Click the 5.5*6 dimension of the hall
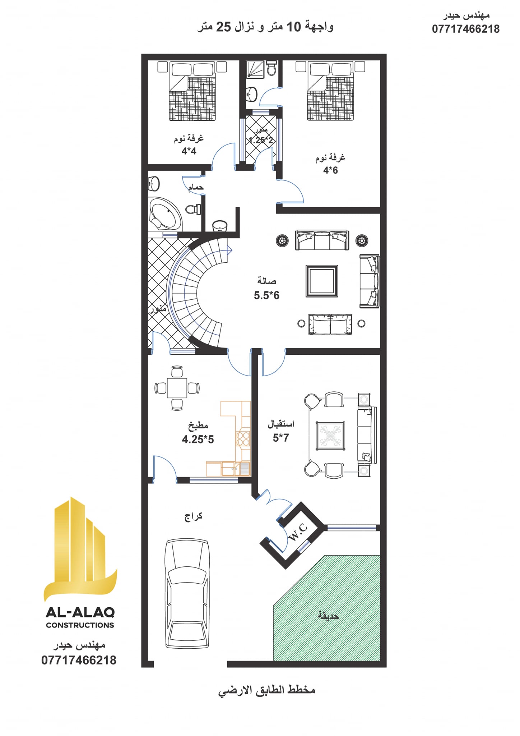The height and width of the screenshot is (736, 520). [266, 295]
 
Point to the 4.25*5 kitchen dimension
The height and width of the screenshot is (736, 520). [198, 439]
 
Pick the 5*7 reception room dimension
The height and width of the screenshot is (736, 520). [281, 438]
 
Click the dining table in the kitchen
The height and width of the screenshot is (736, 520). [177, 388]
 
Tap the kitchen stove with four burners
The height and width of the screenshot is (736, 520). [243, 438]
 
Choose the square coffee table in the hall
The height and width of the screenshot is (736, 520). [322, 281]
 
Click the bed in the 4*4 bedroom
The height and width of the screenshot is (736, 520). [192, 92]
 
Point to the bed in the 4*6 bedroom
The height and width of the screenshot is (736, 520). [330, 92]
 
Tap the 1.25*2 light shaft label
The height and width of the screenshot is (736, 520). [261, 140]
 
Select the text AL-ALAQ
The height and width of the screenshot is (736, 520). [80, 612]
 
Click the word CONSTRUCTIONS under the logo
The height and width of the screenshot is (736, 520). [80, 625]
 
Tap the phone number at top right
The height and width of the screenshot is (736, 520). [466, 29]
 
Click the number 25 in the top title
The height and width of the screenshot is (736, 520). [223, 27]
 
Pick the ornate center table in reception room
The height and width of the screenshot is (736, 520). [330, 436]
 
